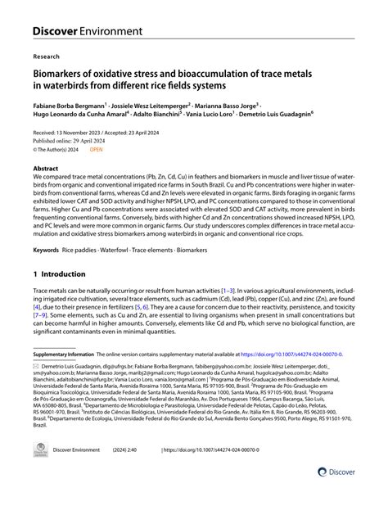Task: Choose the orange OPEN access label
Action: click(x=96, y=150)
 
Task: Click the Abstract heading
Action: click(x=49, y=166)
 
